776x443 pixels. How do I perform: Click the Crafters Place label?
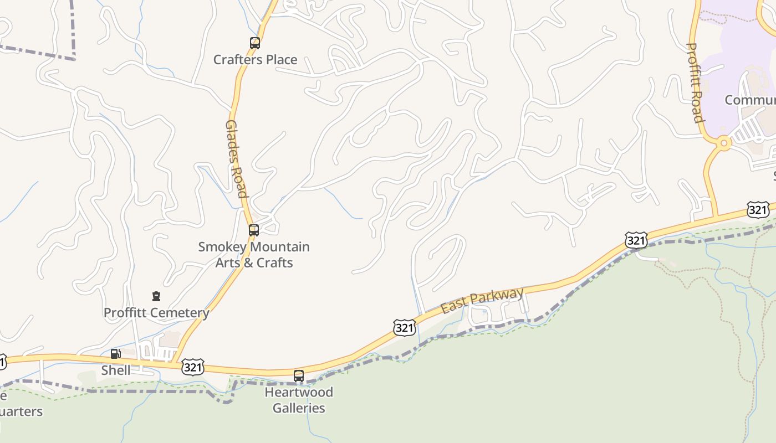(255, 59)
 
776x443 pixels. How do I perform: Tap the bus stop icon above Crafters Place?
(254, 43)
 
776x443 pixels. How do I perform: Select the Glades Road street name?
(236, 159)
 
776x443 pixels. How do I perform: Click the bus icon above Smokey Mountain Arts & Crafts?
(253, 230)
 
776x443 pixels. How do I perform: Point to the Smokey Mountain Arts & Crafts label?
(254, 255)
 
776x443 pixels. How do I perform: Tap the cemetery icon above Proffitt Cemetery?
(156, 297)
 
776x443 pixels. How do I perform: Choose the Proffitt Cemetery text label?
(156, 313)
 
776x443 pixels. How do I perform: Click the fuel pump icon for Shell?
(115, 354)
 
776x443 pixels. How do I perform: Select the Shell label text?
(116, 370)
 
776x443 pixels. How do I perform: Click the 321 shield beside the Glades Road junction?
(192, 367)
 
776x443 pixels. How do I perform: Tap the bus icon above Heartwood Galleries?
(299, 376)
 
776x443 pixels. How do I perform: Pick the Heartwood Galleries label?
(299, 400)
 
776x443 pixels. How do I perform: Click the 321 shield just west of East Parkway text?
(405, 327)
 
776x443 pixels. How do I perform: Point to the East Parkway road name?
(482, 300)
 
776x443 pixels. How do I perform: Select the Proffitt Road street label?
(695, 83)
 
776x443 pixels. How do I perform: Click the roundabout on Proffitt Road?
(723, 143)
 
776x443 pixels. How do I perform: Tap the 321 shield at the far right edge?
(757, 210)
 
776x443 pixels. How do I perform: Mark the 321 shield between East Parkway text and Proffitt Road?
(636, 240)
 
